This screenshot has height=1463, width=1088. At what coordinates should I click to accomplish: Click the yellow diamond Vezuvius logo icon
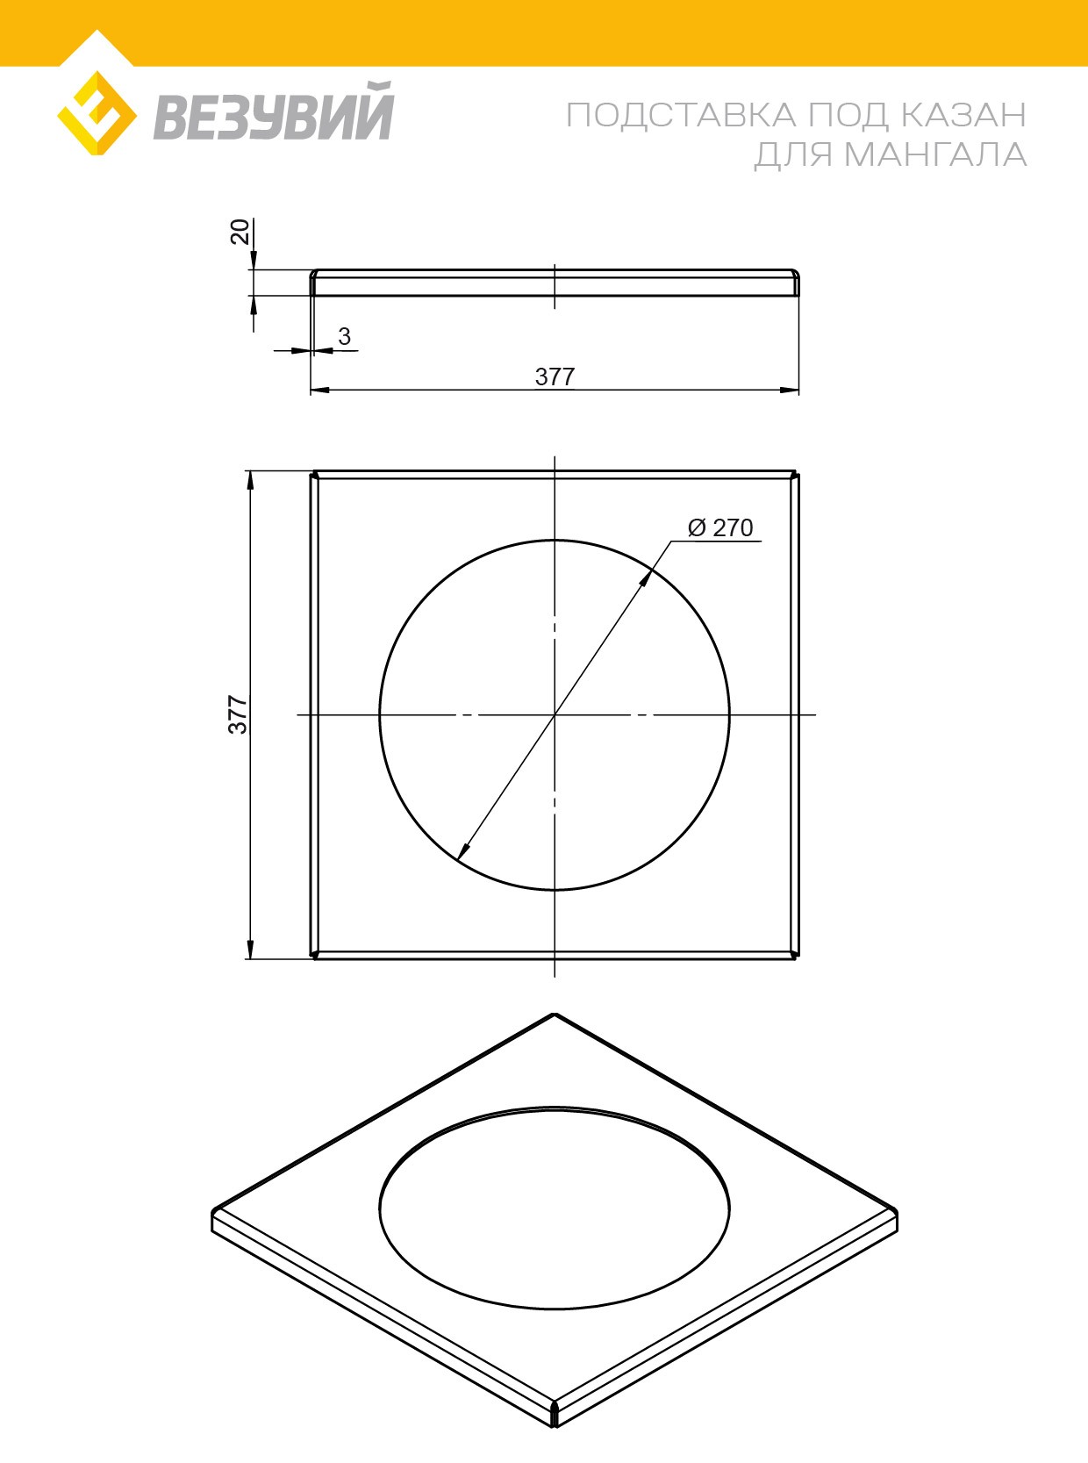point(97,113)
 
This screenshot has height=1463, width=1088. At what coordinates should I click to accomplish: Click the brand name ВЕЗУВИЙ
point(274,112)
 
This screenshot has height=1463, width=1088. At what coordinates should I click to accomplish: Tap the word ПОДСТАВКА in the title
point(682,116)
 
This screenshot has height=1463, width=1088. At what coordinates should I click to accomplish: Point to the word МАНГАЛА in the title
point(935,155)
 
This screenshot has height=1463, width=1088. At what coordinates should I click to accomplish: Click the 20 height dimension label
point(240,232)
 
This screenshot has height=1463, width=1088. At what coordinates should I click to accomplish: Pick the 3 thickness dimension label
point(344,336)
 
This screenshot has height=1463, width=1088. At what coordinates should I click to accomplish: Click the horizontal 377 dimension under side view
point(555,377)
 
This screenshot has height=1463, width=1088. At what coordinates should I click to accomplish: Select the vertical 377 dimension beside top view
point(238,714)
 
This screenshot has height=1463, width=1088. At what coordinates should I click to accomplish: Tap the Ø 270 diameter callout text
point(720,527)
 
